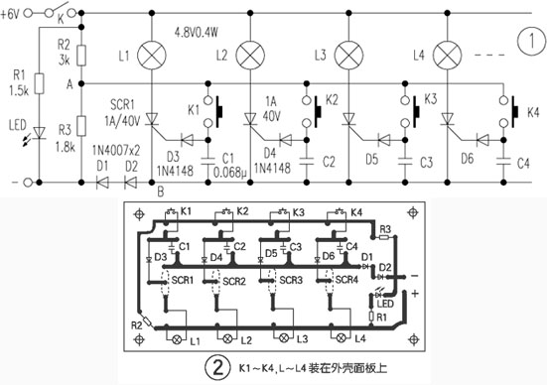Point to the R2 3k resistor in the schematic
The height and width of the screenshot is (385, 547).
[x=80, y=55]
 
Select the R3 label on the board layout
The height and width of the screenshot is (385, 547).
[x=386, y=228]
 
